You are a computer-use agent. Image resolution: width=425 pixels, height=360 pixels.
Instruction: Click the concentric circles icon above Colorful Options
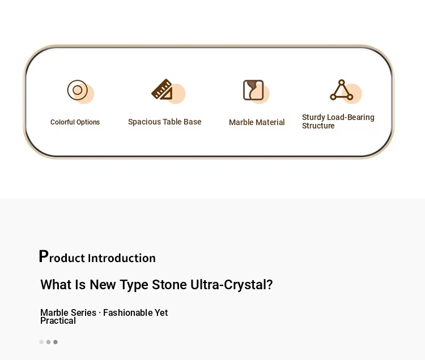(x=78, y=90)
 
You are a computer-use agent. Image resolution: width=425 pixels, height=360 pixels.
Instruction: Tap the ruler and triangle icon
(x=162, y=89)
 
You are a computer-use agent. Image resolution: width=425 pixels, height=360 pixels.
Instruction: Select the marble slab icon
(x=253, y=90)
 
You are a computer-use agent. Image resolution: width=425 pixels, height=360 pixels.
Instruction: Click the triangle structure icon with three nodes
(x=342, y=90)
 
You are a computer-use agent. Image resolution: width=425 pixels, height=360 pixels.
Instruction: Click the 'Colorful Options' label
(x=75, y=122)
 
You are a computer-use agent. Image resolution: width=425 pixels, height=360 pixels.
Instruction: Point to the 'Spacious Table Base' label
(x=164, y=122)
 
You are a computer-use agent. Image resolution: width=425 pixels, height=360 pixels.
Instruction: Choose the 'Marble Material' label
(x=257, y=122)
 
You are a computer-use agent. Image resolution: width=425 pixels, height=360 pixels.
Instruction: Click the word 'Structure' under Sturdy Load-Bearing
(x=318, y=126)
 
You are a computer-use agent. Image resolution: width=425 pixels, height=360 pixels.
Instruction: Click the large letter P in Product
(x=44, y=256)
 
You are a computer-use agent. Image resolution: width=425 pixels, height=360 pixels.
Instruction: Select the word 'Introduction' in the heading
(x=122, y=258)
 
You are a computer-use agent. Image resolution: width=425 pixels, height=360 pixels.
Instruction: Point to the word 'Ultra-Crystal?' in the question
(x=231, y=285)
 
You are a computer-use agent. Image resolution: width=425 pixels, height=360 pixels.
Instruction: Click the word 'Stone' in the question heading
(x=169, y=285)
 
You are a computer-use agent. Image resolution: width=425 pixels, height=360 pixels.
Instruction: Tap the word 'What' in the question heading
(x=56, y=285)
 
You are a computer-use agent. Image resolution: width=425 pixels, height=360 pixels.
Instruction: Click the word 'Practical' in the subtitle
(x=58, y=321)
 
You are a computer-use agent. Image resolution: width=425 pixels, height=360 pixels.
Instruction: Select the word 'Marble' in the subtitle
(x=54, y=312)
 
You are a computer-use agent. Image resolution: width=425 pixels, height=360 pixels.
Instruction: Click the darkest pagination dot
(x=56, y=342)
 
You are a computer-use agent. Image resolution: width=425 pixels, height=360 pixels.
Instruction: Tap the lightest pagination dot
(x=41, y=342)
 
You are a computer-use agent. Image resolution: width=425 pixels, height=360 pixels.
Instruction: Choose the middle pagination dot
(x=48, y=342)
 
